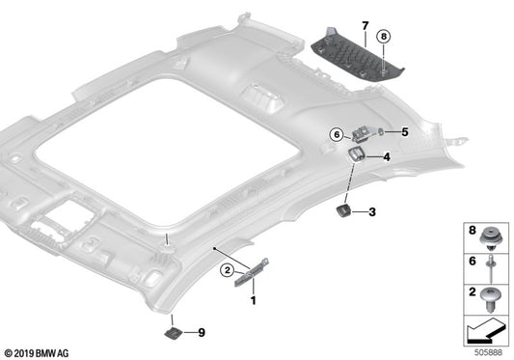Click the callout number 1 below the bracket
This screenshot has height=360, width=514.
[x=255, y=301]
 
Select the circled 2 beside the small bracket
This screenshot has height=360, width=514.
[x=228, y=269]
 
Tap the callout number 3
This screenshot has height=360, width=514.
[x=372, y=211]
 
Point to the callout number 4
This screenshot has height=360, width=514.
[x=386, y=157]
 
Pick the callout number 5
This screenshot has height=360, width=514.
[x=405, y=131]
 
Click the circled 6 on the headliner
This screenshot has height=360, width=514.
[x=338, y=134]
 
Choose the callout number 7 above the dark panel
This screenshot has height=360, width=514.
[x=365, y=22]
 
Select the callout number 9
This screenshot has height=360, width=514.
[x=203, y=333]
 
